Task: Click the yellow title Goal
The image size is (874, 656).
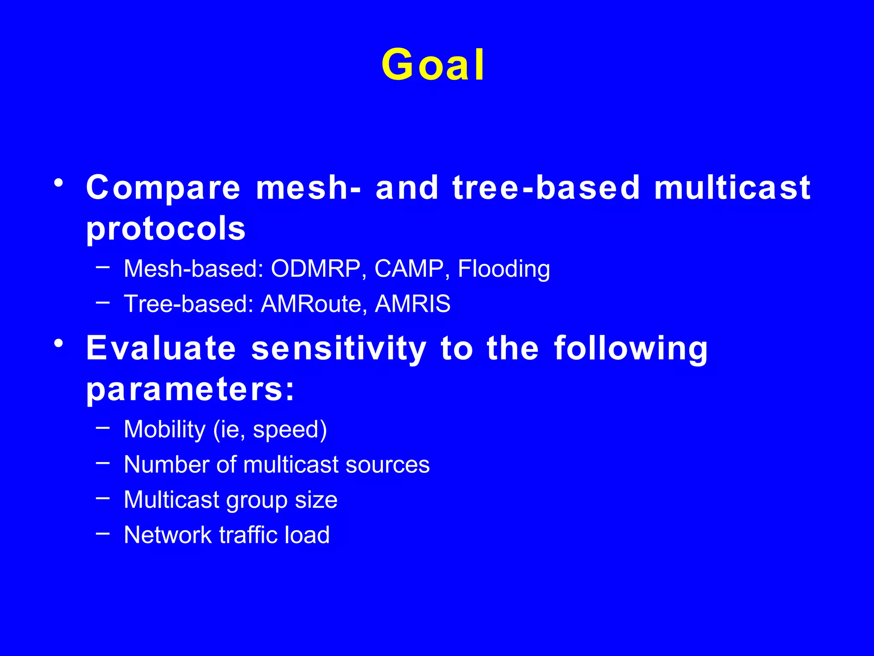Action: click(433, 65)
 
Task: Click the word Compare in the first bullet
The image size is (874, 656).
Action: click(163, 188)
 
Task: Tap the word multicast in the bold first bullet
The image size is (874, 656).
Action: click(732, 188)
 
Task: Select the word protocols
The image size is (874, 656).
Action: click(166, 229)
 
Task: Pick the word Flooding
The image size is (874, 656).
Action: click(504, 269)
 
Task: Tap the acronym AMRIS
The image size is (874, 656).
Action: click(412, 304)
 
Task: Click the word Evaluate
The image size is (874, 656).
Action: click(161, 348)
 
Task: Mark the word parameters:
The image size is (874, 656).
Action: click(190, 389)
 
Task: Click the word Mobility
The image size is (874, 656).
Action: click(165, 429)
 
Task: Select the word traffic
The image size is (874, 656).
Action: click(248, 535)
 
